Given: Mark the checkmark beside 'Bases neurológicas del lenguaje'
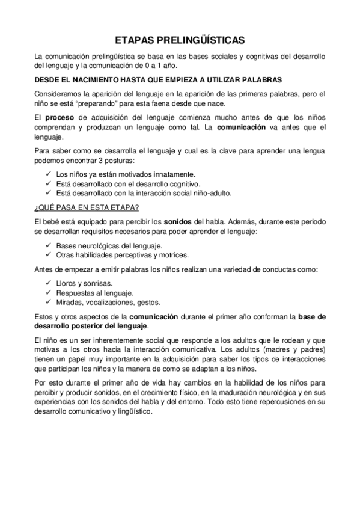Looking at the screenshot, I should click(49, 245).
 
